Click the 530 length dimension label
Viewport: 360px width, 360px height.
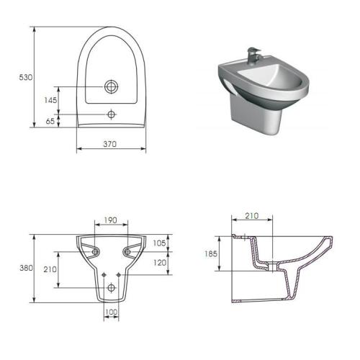26,77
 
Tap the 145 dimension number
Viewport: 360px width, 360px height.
50,100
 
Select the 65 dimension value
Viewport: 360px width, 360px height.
50,121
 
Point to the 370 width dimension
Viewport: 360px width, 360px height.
110,144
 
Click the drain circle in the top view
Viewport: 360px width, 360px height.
112,86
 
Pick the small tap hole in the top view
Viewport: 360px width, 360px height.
111,114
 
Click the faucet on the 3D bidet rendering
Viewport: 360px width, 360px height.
253,55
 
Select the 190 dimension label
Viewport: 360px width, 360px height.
111,220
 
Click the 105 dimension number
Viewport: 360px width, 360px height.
159,243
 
